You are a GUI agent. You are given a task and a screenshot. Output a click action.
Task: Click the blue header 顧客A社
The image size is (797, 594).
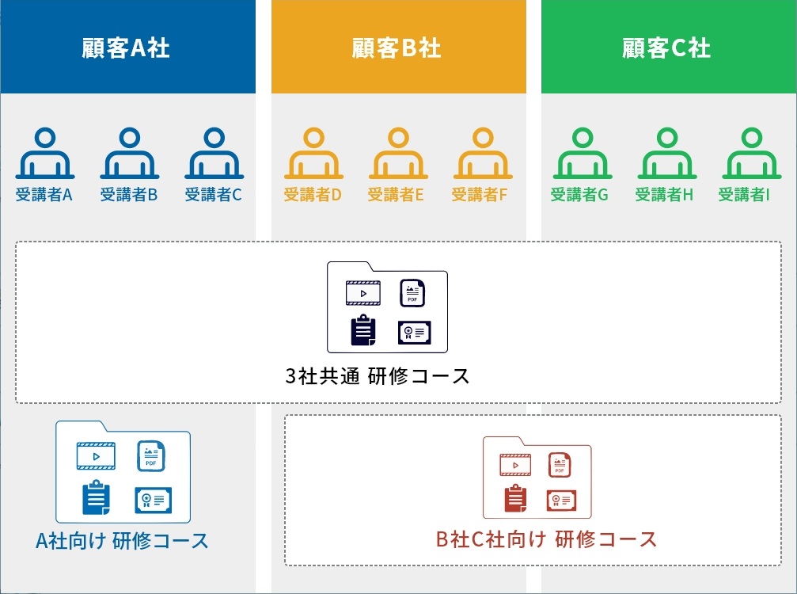[x=127, y=47]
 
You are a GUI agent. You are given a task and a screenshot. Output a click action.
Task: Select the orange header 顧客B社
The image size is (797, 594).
[x=399, y=47]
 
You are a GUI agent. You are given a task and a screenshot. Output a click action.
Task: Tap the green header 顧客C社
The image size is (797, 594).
[x=669, y=47]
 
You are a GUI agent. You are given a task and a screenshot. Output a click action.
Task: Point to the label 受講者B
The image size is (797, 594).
[x=128, y=194]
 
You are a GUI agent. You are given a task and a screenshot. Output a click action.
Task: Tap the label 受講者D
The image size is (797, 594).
[x=312, y=194]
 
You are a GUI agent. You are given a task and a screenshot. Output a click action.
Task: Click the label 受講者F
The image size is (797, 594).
[x=480, y=194]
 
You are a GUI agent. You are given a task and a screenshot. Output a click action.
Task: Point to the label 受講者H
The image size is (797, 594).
[x=664, y=194]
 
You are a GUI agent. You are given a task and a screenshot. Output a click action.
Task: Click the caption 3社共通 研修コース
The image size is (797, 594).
[x=378, y=376]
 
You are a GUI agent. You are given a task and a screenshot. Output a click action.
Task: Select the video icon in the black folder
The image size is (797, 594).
[x=363, y=293]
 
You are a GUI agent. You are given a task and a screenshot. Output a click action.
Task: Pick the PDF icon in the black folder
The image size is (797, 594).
[x=412, y=293]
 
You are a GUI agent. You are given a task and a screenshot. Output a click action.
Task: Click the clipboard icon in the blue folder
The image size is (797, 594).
[x=96, y=497]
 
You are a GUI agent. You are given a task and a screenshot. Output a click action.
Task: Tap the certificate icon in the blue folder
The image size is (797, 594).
[x=153, y=500]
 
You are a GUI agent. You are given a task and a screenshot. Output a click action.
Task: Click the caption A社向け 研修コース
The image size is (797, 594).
[x=122, y=541]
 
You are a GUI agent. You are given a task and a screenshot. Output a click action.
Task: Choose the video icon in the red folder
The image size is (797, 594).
[x=515, y=465]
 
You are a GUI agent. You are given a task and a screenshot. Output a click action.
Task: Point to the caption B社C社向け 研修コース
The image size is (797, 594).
[x=546, y=539]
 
